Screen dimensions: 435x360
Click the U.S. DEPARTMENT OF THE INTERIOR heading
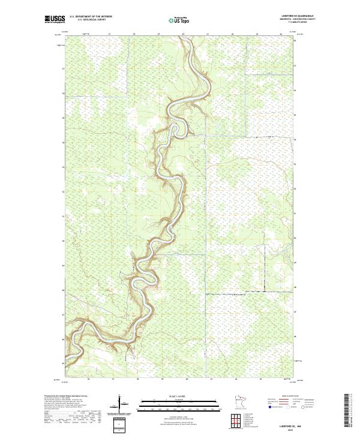(91, 17)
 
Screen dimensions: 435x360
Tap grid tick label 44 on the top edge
(281, 35)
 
